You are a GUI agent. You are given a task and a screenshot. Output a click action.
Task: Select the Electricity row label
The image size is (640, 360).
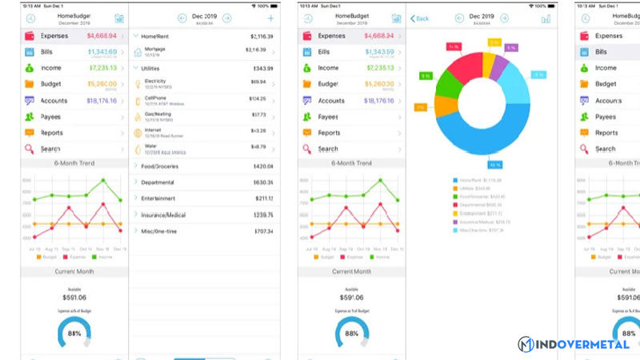coord(155,82)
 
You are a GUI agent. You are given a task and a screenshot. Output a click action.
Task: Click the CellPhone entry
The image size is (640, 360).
coord(156,99)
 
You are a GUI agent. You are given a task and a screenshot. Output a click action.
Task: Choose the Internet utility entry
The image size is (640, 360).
coord(154,131)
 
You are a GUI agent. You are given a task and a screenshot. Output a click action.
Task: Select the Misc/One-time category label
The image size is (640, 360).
coord(159,231)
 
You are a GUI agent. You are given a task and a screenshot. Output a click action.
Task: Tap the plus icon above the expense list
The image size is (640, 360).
coord(270,18)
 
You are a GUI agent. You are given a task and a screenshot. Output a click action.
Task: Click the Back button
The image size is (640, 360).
coord(419,18)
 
